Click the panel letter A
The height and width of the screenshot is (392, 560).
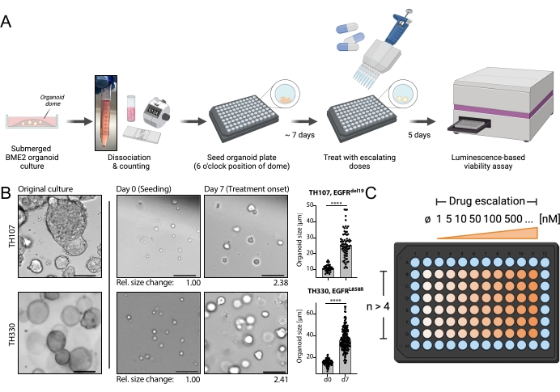click(x=7, y=21)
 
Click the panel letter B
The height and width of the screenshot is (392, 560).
click(x=7, y=194)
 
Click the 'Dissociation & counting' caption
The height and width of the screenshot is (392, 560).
click(x=124, y=162)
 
